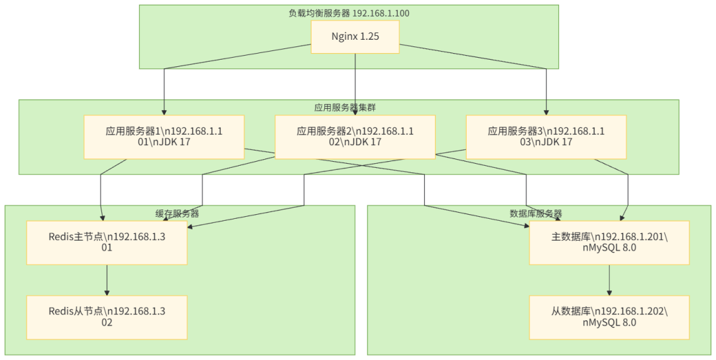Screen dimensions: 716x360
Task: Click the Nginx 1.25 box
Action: pyautogui.click(x=355, y=36)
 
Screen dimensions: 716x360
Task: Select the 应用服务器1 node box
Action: pyautogui.click(x=164, y=137)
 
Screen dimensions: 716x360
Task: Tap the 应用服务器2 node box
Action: pyautogui.click(x=355, y=137)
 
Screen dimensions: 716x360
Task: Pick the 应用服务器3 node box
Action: pyautogui.click(x=546, y=137)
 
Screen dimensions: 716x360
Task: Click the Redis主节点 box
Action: pyautogui.click(x=107, y=243)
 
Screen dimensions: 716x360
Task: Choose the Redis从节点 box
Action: pyautogui.click(x=107, y=317)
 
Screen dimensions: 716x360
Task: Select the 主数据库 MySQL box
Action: pyautogui.click(x=609, y=243)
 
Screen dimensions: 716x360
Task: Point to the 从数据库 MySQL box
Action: pyautogui.click(x=609, y=317)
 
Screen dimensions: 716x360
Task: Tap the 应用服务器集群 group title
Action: pyautogui.click(x=349, y=107)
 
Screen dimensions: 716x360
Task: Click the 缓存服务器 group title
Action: pyautogui.click(x=178, y=213)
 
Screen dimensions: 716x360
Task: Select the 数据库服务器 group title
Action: pyautogui.click(x=536, y=213)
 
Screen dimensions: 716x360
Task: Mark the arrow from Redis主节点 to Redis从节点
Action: pyautogui.click(x=107, y=280)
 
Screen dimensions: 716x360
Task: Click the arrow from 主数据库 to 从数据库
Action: pyautogui.click(x=609, y=280)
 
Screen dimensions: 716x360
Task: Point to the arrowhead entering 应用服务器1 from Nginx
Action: pyautogui.click(x=164, y=112)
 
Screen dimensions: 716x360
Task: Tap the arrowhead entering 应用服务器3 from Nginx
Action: pyautogui.click(x=546, y=112)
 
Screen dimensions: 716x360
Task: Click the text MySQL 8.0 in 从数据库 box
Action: pyautogui.click(x=609, y=323)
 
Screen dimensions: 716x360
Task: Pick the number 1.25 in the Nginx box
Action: pyautogui.click(x=369, y=36)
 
